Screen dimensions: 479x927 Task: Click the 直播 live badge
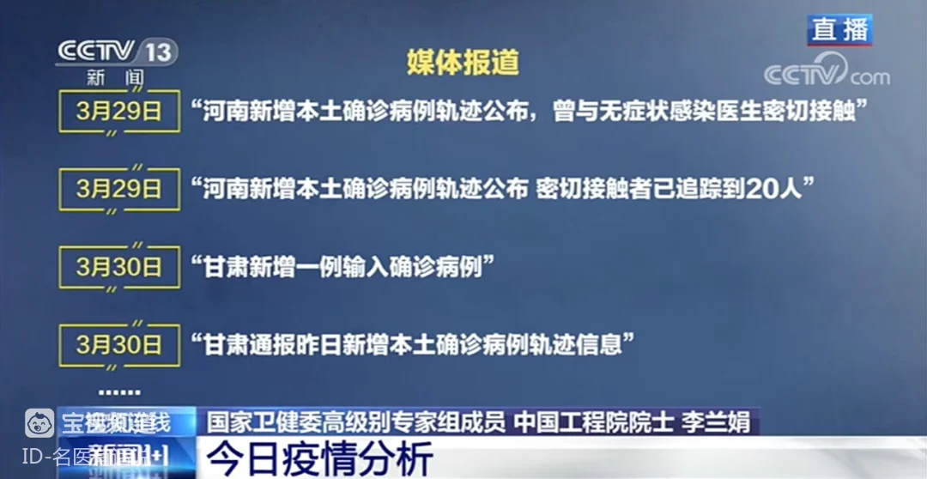tap(839, 30)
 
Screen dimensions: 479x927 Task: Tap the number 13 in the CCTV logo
tap(158, 52)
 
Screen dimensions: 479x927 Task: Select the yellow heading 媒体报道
tap(463, 63)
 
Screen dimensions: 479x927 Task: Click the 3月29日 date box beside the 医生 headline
tap(118, 112)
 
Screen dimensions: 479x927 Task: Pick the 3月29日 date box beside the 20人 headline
tap(118, 189)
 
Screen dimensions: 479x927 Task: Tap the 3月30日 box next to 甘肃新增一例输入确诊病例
tap(118, 267)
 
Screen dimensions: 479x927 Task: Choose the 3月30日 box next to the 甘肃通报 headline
tap(118, 345)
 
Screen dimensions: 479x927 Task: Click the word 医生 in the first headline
tap(699, 112)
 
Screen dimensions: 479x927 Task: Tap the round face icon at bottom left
tap(40, 423)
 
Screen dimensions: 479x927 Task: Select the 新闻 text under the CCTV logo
tap(116, 78)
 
